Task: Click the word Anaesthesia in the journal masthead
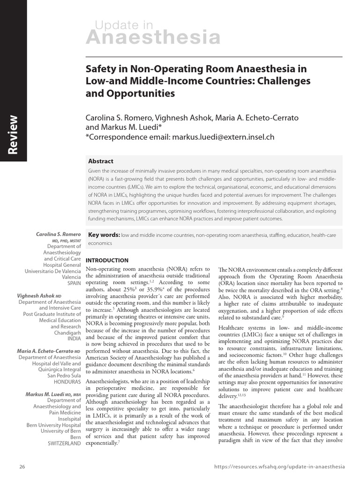(x=157, y=37)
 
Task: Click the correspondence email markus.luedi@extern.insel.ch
(x=223, y=137)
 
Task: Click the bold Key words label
(x=104, y=235)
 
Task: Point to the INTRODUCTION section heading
(x=107, y=260)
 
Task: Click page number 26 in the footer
(x=22, y=467)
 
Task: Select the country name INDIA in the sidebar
(x=74, y=339)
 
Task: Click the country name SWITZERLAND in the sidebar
(x=64, y=443)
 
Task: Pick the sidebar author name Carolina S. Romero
(x=59, y=233)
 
